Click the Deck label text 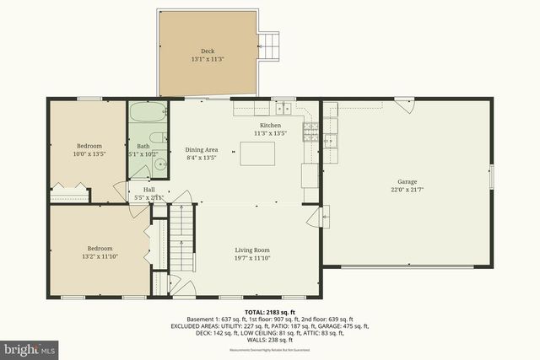pyautogui.click(x=208, y=51)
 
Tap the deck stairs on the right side pyautogui.click(x=269, y=46)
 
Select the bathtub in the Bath pyautogui.click(x=148, y=113)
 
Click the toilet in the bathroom pyautogui.click(x=157, y=140)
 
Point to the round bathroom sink pyautogui.click(x=158, y=167)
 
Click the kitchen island pyautogui.click(x=258, y=153)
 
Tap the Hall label pyautogui.click(x=148, y=190)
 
